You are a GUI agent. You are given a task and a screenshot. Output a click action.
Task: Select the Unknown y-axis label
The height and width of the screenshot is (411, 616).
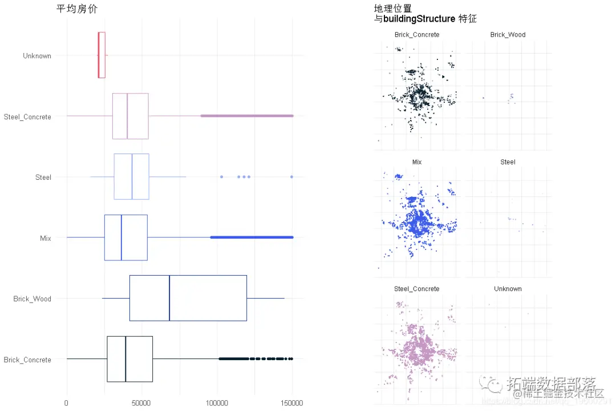[37, 56]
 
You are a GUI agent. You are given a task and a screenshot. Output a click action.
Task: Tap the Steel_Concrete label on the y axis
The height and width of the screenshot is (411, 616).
[27, 117]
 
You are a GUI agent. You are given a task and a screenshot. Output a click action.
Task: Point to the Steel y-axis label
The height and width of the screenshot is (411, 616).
[43, 178]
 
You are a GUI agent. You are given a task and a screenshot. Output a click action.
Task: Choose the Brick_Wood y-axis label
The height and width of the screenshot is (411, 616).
[32, 299]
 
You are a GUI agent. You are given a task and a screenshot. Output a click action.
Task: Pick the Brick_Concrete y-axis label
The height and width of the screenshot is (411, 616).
[27, 360]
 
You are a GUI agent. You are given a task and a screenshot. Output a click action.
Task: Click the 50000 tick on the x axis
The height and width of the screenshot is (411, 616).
[141, 403]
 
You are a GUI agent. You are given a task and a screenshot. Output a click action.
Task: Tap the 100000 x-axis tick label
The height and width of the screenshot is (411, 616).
[217, 403]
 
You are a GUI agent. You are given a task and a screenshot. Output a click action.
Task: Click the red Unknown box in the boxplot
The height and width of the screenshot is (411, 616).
[102, 55]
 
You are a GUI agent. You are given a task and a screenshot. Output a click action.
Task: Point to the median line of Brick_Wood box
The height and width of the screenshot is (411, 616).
[169, 298]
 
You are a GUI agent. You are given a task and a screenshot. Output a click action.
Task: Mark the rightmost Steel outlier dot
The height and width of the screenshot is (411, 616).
[291, 177]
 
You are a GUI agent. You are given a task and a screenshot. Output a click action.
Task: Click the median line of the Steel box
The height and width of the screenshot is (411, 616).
[132, 176]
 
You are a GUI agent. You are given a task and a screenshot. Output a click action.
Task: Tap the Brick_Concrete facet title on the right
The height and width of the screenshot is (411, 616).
[417, 35]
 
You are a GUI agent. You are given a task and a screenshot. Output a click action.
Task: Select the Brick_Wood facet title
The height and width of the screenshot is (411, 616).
[508, 35]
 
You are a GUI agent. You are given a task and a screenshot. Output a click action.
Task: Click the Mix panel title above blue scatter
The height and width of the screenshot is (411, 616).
[417, 162]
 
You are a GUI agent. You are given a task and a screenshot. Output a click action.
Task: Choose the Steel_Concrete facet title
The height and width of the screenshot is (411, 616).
[417, 289]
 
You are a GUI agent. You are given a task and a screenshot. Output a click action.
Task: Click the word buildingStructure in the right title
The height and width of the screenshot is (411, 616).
[419, 19]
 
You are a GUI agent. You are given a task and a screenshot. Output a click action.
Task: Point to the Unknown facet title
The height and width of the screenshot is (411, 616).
[508, 289]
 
